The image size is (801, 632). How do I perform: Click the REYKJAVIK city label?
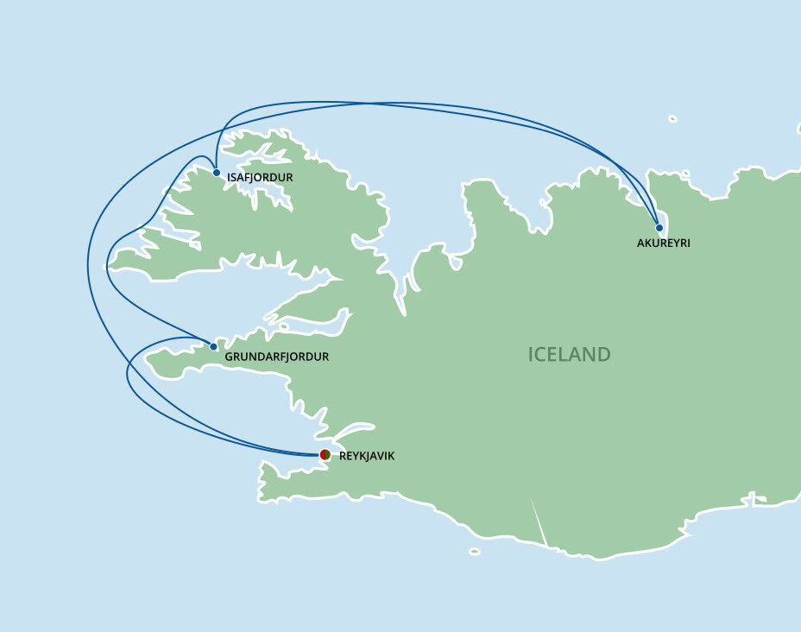click(x=367, y=456)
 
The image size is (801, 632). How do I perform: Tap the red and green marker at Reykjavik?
click(x=325, y=454)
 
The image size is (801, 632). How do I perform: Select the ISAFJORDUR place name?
click(x=260, y=178)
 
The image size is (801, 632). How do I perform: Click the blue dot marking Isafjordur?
click(x=217, y=173)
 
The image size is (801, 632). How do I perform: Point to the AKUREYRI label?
click(x=664, y=243)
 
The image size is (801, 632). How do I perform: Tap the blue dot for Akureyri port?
click(x=659, y=228)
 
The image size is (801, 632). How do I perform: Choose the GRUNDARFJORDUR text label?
click(x=276, y=357)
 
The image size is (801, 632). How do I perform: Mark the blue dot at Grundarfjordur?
click(x=214, y=347)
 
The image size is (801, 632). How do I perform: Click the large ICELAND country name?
click(x=570, y=355)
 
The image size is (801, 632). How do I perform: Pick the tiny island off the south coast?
click(x=475, y=550)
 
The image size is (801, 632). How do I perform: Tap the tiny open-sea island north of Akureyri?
click(x=672, y=118)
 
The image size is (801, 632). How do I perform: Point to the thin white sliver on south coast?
click(x=539, y=523)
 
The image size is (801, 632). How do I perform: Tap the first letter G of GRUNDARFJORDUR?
click(x=228, y=357)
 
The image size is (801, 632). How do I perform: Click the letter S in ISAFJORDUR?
click(x=235, y=178)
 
